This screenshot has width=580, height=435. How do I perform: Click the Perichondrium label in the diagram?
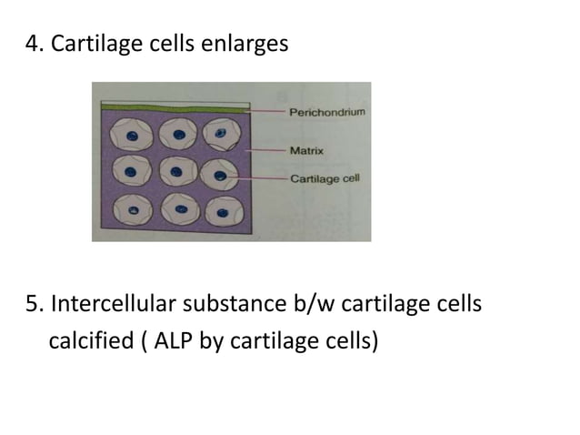point(327,112)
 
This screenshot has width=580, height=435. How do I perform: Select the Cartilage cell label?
point(325,177)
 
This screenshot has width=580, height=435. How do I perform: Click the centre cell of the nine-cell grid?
point(178,172)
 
